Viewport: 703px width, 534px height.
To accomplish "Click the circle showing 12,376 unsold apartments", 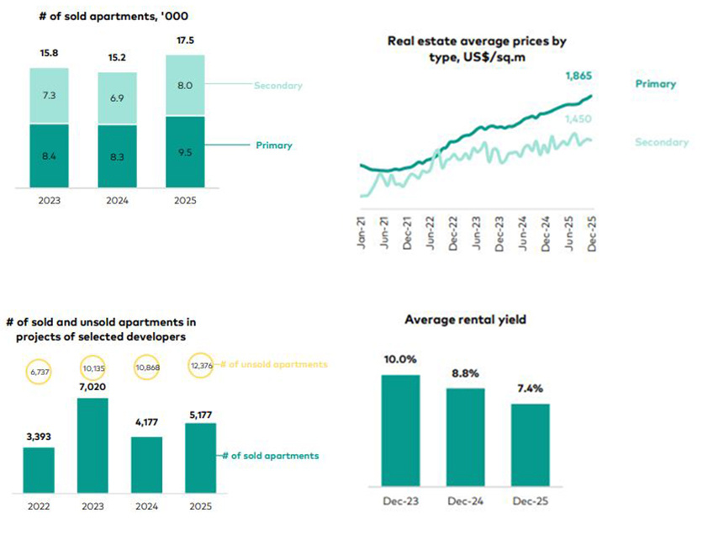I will tap(202, 365).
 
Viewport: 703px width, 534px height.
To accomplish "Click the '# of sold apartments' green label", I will tap(271, 456).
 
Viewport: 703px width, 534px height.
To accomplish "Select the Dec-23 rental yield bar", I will tap(401, 431).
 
